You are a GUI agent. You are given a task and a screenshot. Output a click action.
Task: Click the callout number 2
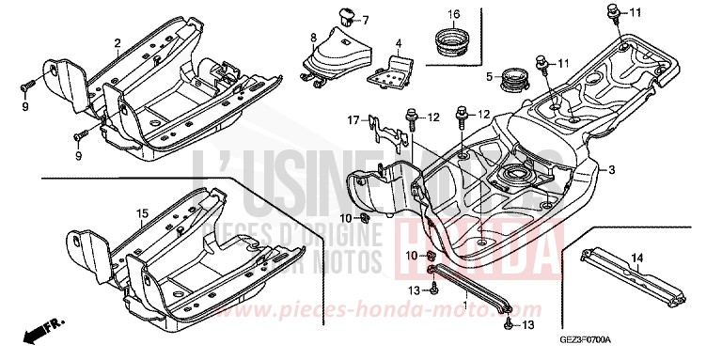(x=118, y=43)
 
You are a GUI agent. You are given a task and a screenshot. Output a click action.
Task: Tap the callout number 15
(x=142, y=214)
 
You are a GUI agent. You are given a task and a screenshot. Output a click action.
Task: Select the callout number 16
(x=453, y=13)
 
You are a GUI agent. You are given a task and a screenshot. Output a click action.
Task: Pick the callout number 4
(x=398, y=43)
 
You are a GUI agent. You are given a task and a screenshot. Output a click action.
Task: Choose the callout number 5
(x=490, y=77)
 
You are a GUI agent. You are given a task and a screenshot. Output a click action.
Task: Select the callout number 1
(x=464, y=306)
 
